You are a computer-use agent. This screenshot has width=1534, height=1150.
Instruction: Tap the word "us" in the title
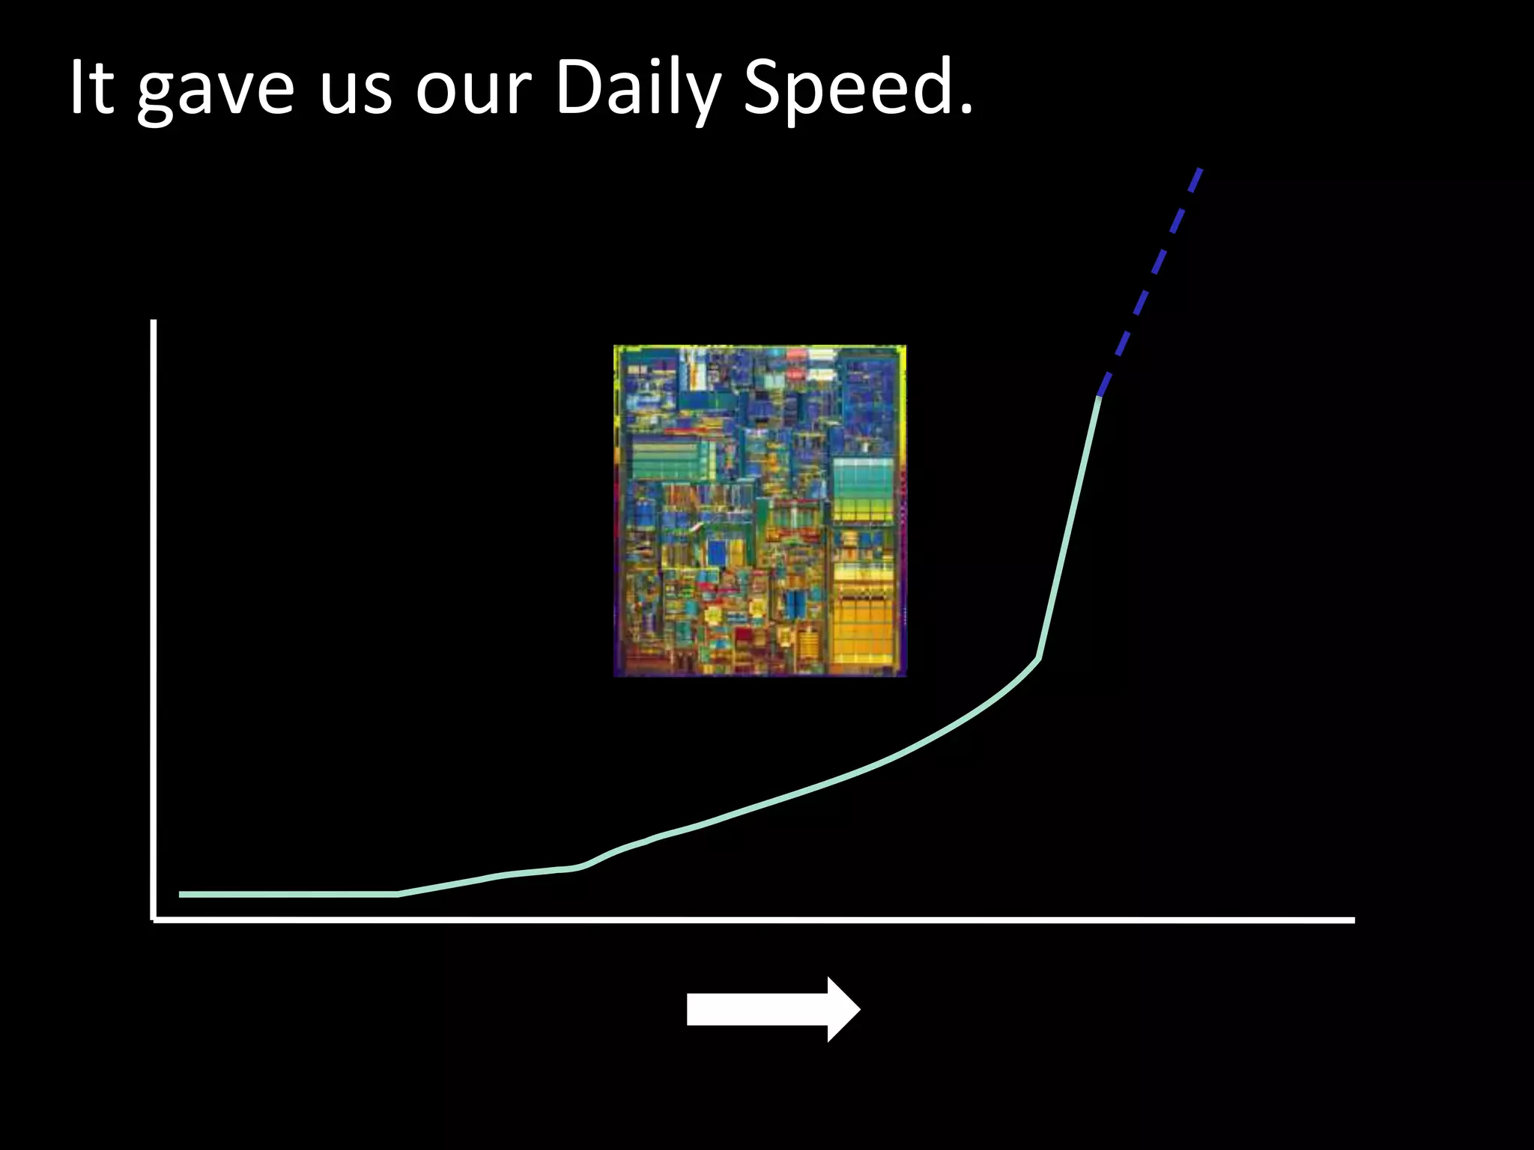[x=356, y=94]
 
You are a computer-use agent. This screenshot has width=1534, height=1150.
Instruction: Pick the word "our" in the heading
[x=473, y=94]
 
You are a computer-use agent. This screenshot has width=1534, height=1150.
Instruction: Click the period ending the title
[x=966, y=110]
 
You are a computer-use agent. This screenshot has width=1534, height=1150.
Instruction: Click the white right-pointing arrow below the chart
[x=771, y=1009]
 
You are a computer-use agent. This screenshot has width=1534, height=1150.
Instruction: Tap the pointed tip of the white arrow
[x=859, y=1009]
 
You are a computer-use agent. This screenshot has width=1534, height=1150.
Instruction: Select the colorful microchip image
[x=760, y=511]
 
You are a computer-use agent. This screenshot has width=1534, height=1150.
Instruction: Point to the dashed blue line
[x=1150, y=281]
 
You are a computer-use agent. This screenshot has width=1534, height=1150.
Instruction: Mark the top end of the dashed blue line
[x=1201, y=169]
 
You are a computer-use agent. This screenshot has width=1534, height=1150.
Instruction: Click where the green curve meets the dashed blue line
[x=1099, y=395]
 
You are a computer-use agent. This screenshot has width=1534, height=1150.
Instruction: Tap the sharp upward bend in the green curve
[x=1038, y=659]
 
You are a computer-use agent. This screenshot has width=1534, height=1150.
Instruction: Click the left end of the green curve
[x=181, y=894]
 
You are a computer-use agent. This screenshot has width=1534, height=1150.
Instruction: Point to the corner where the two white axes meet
[x=154, y=919]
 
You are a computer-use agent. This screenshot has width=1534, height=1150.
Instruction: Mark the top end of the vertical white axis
[x=154, y=322]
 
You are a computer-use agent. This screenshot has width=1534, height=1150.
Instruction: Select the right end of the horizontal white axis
[x=1353, y=920]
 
